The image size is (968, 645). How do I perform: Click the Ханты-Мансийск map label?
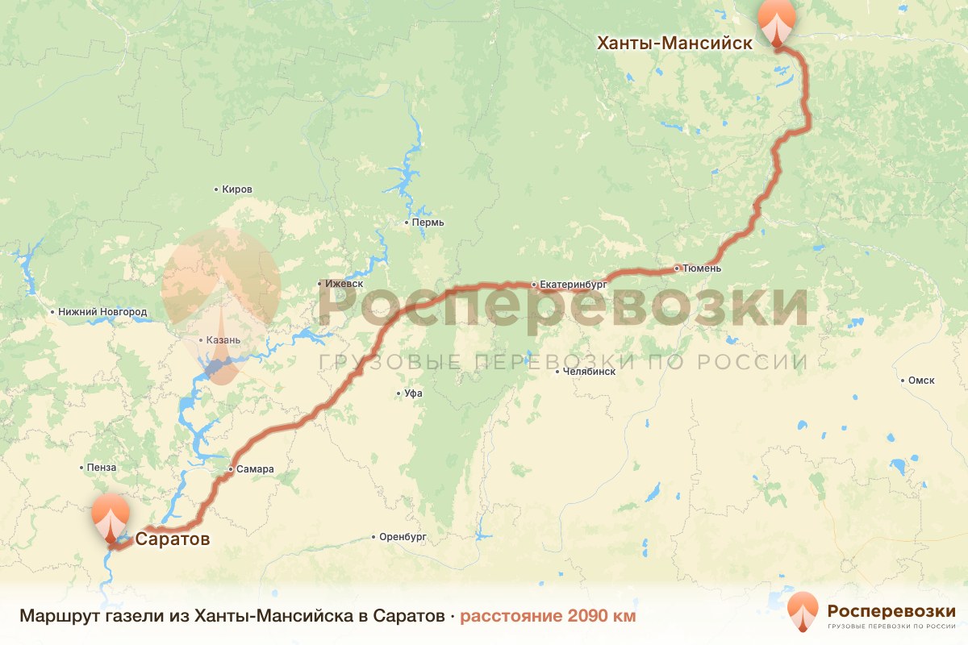pos(674,43)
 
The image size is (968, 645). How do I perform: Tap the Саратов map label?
pos(173,539)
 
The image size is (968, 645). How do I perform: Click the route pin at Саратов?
pos(111,516)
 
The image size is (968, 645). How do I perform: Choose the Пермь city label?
pos(428,223)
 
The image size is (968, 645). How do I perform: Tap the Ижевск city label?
pos(344,284)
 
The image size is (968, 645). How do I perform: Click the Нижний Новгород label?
pos(102,312)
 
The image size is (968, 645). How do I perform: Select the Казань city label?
pos(223,340)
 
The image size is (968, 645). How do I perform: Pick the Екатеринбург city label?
pos(572,285)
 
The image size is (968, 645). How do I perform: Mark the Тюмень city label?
pos(701,268)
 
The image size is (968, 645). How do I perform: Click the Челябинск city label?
pos(589,372)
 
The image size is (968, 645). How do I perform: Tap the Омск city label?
pos(921,381)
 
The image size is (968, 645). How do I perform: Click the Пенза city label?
pos(102,468)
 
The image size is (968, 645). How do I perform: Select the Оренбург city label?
pos(403,536)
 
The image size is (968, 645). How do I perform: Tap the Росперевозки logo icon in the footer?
pos(803,612)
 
